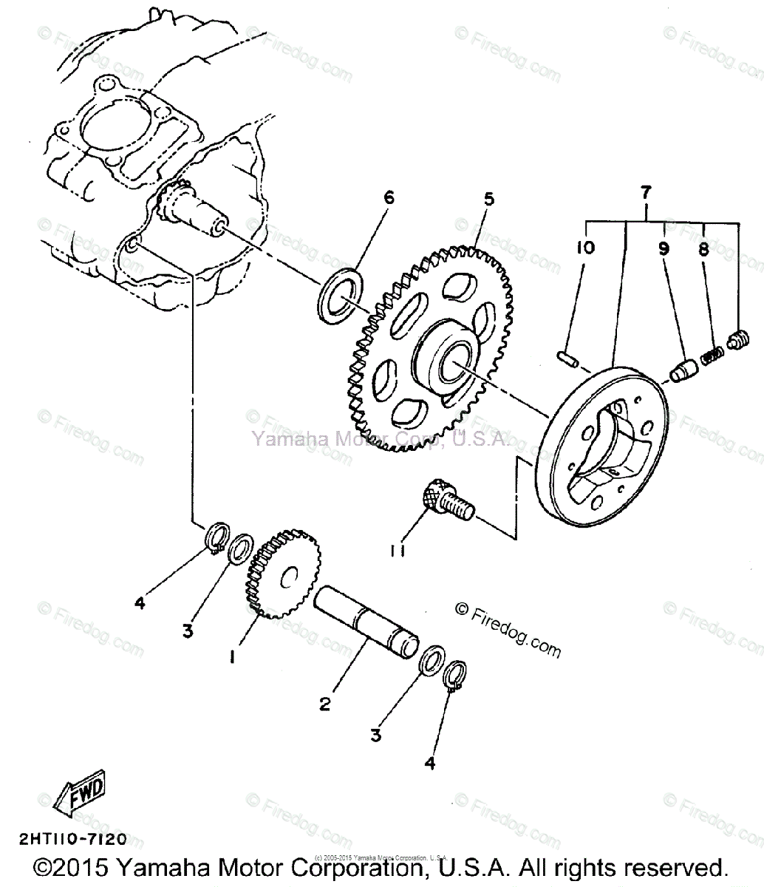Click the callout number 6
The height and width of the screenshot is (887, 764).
(389, 198)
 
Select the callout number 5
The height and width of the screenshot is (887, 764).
(489, 200)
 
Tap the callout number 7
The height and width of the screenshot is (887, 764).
(646, 193)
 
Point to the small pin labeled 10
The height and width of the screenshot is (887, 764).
(567, 358)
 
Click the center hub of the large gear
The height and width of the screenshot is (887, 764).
(447, 360)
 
